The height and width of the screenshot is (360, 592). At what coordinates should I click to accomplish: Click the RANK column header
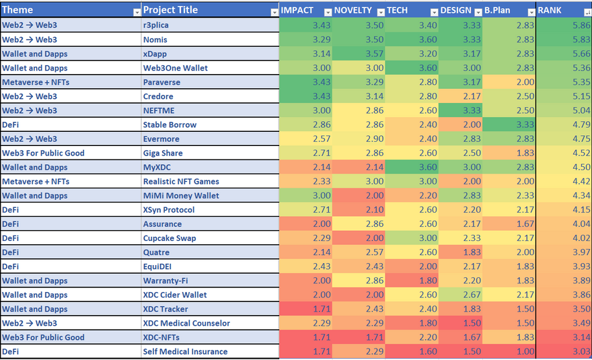click(x=550, y=10)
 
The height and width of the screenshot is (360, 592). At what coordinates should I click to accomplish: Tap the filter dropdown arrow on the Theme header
click(x=137, y=12)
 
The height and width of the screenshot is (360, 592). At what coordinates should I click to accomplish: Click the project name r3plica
click(x=156, y=25)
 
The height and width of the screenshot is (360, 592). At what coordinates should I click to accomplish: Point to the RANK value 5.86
click(x=579, y=25)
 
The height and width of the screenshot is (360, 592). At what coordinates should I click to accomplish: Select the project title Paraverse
click(x=161, y=82)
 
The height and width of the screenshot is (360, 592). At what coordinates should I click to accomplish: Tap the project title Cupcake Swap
click(x=170, y=238)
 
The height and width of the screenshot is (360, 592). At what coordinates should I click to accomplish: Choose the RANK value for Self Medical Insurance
click(x=579, y=351)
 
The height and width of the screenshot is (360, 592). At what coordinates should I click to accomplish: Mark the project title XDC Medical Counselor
click(x=186, y=323)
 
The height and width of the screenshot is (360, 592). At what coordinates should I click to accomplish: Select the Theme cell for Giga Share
click(x=43, y=153)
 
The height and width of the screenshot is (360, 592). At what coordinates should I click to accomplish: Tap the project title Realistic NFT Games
click(x=181, y=181)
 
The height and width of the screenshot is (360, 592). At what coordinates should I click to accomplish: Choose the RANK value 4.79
click(x=579, y=124)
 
